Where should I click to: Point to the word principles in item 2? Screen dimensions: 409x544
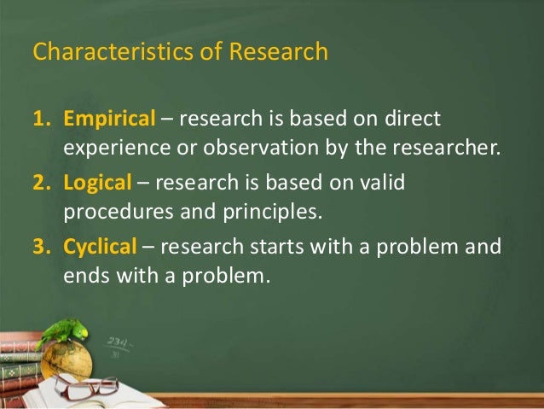click(x=275, y=211)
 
